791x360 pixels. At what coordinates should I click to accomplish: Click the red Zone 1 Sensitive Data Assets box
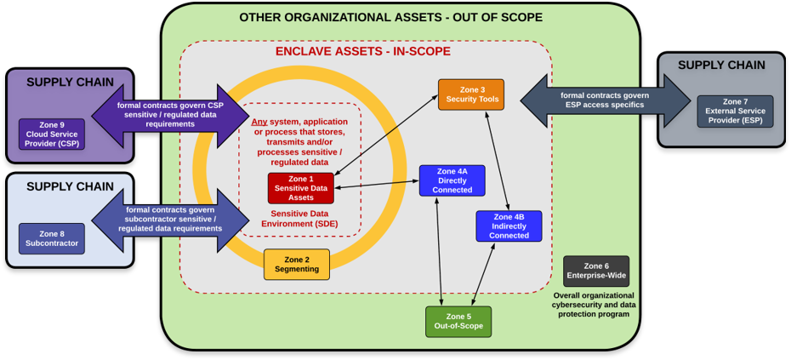(x=300, y=188)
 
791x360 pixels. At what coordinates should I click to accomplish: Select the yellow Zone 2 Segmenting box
(x=296, y=265)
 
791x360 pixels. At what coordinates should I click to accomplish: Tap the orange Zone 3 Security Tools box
(x=470, y=94)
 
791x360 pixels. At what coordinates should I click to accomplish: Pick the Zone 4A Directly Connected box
(x=452, y=180)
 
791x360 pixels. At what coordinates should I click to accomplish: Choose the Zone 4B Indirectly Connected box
(x=508, y=226)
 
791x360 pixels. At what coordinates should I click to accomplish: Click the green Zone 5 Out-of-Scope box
(x=458, y=322)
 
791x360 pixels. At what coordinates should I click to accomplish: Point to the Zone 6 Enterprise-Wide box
(x=595, y=271)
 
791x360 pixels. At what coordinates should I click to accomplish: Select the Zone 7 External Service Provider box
(x=735, y=111)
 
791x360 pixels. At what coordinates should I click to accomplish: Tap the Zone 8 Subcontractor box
(x=52, y=238)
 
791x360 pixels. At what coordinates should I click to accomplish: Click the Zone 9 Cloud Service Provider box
(x=52, y=134)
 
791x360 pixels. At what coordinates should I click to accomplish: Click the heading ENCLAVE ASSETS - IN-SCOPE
(x=362, y=51)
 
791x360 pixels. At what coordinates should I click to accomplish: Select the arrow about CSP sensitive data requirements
(x=170, y=115)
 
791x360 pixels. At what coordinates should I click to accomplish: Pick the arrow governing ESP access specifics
(x=606, y=100)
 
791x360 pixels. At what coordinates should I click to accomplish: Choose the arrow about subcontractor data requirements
(x=170, y=220)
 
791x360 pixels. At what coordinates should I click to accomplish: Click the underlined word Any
(x=259, y=122)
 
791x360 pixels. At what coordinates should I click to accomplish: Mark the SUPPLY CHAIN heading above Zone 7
(x=721, y=65)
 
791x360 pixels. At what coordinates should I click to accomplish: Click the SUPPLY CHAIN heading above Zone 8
(x=70, y=186)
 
